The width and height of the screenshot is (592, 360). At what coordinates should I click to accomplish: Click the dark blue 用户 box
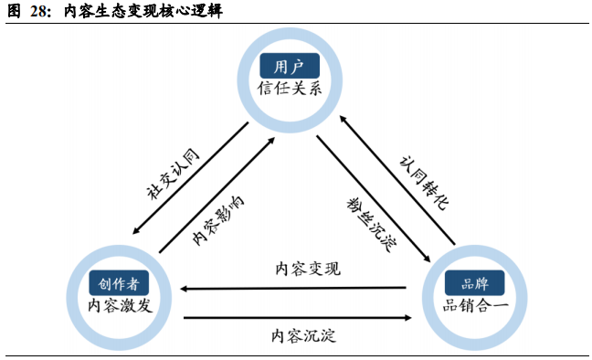tap(290, 66)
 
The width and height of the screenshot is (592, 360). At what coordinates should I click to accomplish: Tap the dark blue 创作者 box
tap(119, 283)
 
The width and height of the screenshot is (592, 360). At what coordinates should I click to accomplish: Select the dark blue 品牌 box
tap(474, 283)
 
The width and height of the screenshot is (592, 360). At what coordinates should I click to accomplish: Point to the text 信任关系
tap(290, 89)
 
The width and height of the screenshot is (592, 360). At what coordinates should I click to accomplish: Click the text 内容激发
tap(120, 305)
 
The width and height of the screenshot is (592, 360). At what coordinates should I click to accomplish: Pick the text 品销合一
tap(475, 305)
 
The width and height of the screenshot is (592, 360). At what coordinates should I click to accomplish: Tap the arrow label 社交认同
tap(173, 174)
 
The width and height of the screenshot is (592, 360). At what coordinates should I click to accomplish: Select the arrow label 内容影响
tap(218, 220)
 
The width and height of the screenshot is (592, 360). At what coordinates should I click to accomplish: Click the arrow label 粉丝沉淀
tap(371, 224)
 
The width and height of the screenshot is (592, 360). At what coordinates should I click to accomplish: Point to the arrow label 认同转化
tap(424, 183)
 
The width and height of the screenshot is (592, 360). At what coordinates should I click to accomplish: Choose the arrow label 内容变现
tap(308, 269)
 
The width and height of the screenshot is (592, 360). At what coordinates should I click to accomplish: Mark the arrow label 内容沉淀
tap(303, 335)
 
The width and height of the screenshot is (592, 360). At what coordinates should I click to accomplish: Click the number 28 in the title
tap(38, 11)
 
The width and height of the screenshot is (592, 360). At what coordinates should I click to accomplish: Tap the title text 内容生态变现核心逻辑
tap(143, 11)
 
